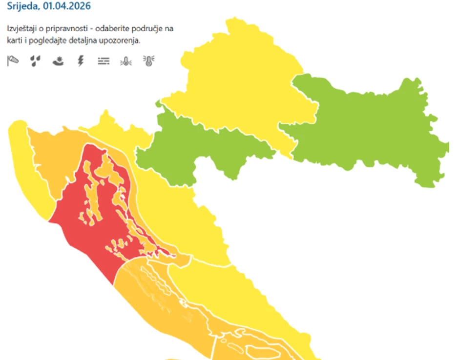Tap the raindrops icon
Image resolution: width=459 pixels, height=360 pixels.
point(35,61)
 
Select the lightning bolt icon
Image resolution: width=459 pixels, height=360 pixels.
point(81,61)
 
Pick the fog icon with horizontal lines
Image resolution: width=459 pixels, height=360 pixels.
point(103,61)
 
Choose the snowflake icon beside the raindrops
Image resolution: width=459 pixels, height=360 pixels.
point(58,61)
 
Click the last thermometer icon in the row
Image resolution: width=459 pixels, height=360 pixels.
point(148,61)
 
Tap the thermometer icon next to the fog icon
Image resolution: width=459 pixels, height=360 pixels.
point(125,61)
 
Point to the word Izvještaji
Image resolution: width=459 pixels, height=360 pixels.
point(22,29)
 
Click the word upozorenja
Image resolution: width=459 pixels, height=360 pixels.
point(122,40)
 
